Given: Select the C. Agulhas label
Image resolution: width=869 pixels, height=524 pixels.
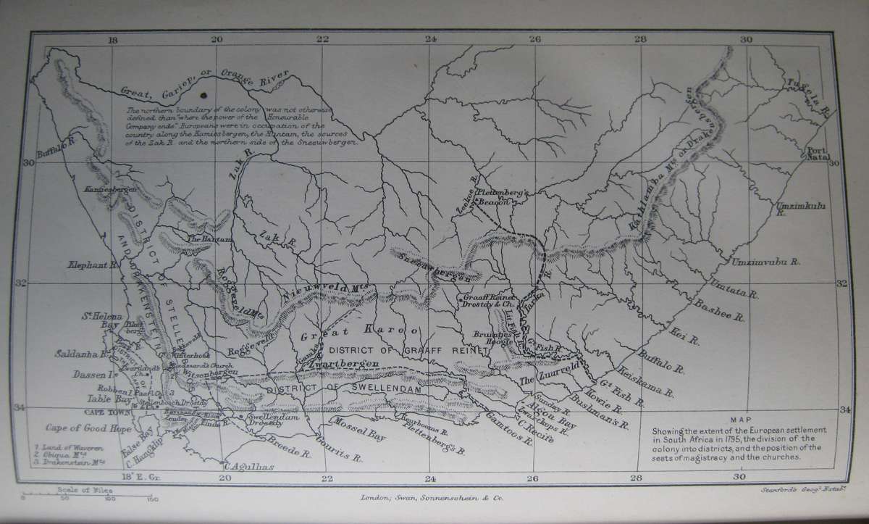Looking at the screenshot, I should tap(251, 467).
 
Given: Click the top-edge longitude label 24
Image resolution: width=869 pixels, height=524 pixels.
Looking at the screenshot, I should tap(431, 40).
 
